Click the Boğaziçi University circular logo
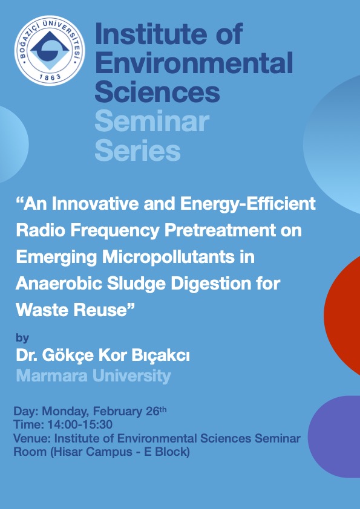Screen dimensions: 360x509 [50, 50]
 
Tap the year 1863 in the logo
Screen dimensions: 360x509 [50, 77]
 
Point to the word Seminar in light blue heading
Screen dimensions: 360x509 [152, 121]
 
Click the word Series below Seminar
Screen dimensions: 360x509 [138, 151]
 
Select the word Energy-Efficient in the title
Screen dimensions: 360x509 [248, 204]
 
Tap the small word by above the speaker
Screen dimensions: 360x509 [22, 339]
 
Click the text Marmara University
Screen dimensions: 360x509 [94, 376]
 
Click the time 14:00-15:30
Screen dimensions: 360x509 [80, 424]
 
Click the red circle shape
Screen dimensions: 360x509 [342, 315]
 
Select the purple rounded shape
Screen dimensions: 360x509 [334, 436]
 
